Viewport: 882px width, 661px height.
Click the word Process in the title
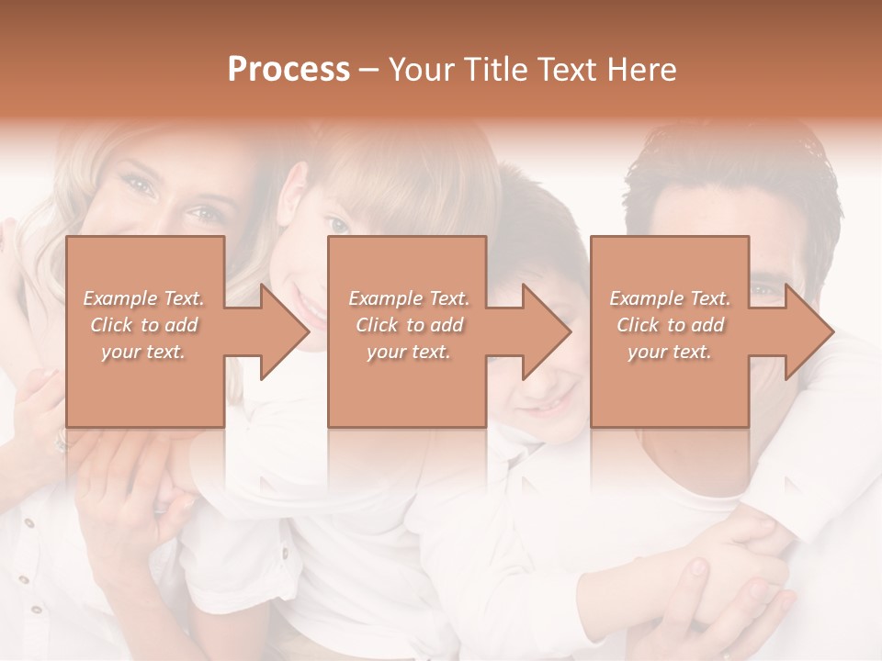click(288, 69)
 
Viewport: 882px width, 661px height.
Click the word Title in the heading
click(492, 69)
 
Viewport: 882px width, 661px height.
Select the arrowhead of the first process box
click(285, 331)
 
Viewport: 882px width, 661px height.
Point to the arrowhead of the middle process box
click(547, 331)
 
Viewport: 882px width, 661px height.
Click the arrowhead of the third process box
click(809, 331)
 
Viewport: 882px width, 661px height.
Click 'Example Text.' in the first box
click(143, 298)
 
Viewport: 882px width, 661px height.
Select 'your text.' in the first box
click(143, 352)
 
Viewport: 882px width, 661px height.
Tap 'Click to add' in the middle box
click(409, 325)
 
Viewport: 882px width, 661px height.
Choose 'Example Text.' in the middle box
click(409, 298)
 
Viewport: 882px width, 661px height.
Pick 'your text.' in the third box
click(669, 352)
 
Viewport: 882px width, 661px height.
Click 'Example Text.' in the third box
click(670, 298)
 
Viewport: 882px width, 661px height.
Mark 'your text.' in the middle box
click(409, 352)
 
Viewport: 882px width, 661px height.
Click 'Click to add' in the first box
click(143, 325)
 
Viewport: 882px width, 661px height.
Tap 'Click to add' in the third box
click(670, 325)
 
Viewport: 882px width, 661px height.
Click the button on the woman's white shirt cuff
click(29, 523)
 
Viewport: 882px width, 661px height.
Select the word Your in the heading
click(420, 69)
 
